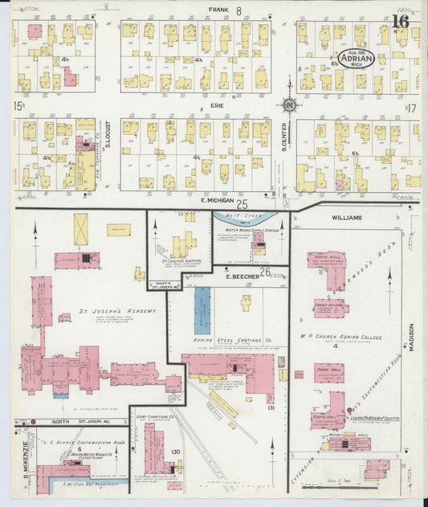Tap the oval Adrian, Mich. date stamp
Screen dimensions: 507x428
(x=355, y=59)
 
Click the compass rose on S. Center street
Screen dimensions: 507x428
(x=289, y=104)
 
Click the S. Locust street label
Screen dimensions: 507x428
(x=108, y=153)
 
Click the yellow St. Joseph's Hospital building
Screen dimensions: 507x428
(x=182, y=243)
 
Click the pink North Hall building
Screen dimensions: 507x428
(x=327, y=269)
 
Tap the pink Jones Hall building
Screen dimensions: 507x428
(x=328, y=374)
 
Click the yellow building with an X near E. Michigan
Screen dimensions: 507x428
(x=81, y=229)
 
